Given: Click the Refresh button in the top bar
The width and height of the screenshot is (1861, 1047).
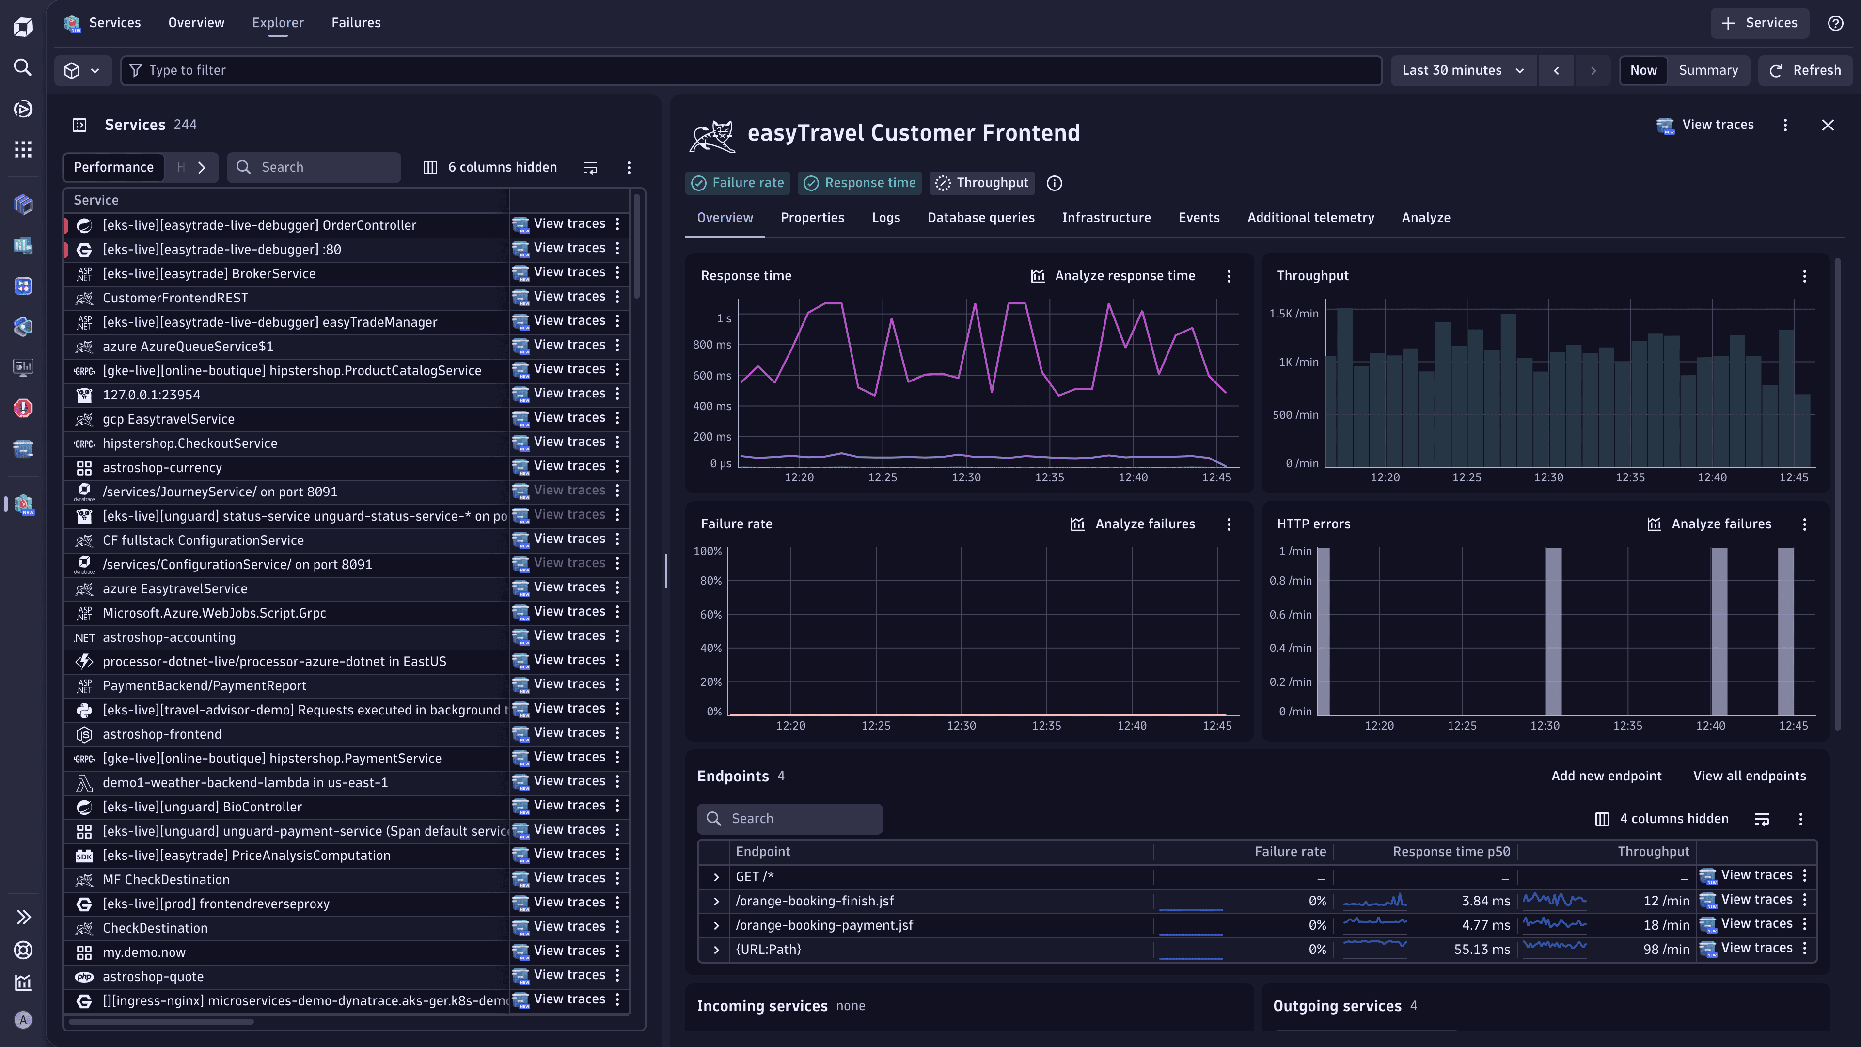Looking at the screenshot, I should [1805, 70].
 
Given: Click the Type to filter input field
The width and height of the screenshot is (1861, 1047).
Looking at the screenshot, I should [751, 70].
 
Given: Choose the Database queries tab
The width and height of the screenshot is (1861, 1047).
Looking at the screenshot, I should [980, 218].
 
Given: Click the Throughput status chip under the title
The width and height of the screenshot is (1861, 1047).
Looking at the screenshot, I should [982, 183].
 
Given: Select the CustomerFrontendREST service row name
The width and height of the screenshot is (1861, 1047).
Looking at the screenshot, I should [175, 298].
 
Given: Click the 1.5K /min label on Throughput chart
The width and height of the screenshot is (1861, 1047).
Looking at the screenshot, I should [1293, 314].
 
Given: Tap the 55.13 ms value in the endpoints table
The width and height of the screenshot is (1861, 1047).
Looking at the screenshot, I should [1481, 950].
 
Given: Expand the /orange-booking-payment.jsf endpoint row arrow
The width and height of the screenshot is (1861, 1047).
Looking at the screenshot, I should [716, 926].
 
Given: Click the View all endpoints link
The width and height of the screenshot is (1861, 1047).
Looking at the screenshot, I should [1749, 776].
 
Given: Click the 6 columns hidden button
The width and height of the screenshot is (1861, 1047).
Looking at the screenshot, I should [490, 167].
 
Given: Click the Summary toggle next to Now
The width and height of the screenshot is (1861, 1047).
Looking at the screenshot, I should [1708, 70].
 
